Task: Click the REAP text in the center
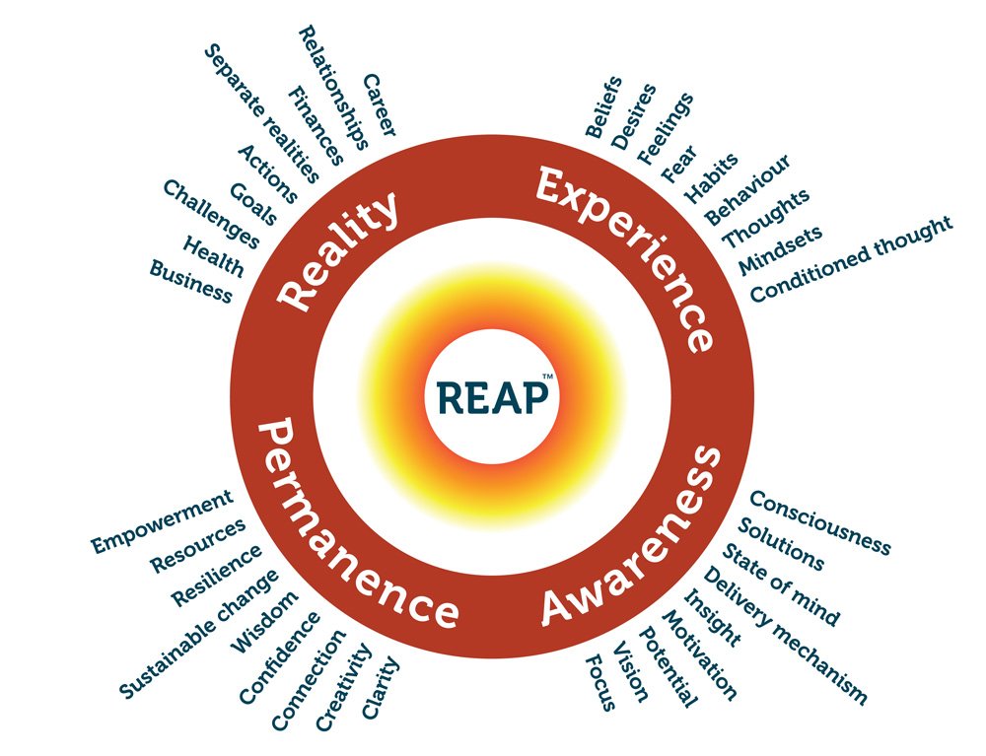point(489,399)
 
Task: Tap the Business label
point(191,281)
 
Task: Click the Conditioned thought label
point(852,258)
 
